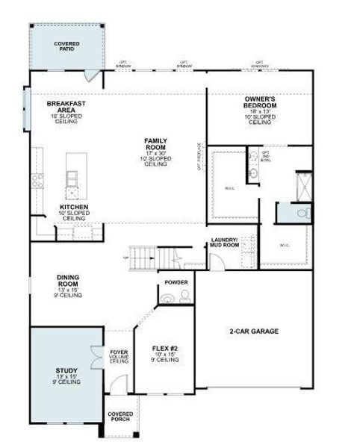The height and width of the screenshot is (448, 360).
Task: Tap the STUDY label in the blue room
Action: (x=66, y=373)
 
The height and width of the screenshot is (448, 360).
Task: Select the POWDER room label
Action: (x=176, y=283)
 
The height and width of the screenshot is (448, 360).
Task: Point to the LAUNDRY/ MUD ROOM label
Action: (x=225, y=243)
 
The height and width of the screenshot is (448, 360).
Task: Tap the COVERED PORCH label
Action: (x=120, y=417)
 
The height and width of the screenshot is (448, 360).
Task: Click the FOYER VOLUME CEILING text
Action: (x=119, y=355)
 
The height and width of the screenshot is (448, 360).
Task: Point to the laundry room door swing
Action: (x=215, y=262)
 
